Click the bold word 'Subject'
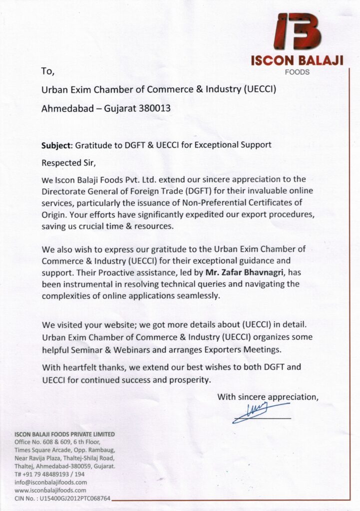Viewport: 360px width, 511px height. [56, 145]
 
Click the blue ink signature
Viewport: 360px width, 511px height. [258, 413]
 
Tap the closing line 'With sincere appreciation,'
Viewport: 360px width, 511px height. [268, 397]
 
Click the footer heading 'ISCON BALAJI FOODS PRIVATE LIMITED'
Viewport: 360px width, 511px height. [65, 434]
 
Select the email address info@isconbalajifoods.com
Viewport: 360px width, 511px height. [51, 483]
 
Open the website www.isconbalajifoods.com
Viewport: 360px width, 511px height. [51, 491]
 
